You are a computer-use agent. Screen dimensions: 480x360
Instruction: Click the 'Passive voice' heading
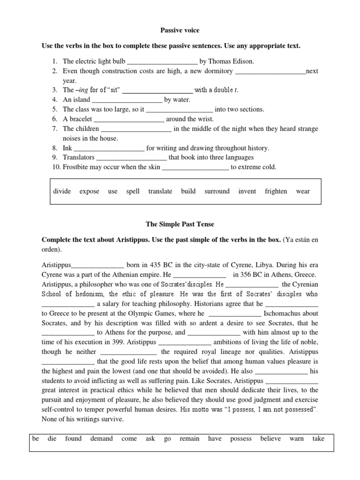(x=180, y=30)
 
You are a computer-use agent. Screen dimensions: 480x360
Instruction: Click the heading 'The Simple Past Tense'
(x=180, y=225)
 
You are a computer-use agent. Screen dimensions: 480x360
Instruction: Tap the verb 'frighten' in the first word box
(x=276, y=191)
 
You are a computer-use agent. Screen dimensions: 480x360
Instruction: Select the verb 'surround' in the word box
(x=217, y=191)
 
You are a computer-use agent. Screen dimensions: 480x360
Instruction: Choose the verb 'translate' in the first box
(x=160, y=191)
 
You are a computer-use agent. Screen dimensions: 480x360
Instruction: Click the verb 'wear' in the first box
(x=303, y=191)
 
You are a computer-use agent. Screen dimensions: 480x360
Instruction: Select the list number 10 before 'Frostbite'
(x=56, y=167)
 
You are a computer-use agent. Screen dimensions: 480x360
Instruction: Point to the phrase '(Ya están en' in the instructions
(x=300, y=240)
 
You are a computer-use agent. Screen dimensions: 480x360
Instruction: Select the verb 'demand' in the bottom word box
(x=101, y=439)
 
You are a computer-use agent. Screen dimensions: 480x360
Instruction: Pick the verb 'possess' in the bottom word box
(x=241, y=439)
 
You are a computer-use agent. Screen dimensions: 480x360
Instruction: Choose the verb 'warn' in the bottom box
(x=296, y=439)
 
